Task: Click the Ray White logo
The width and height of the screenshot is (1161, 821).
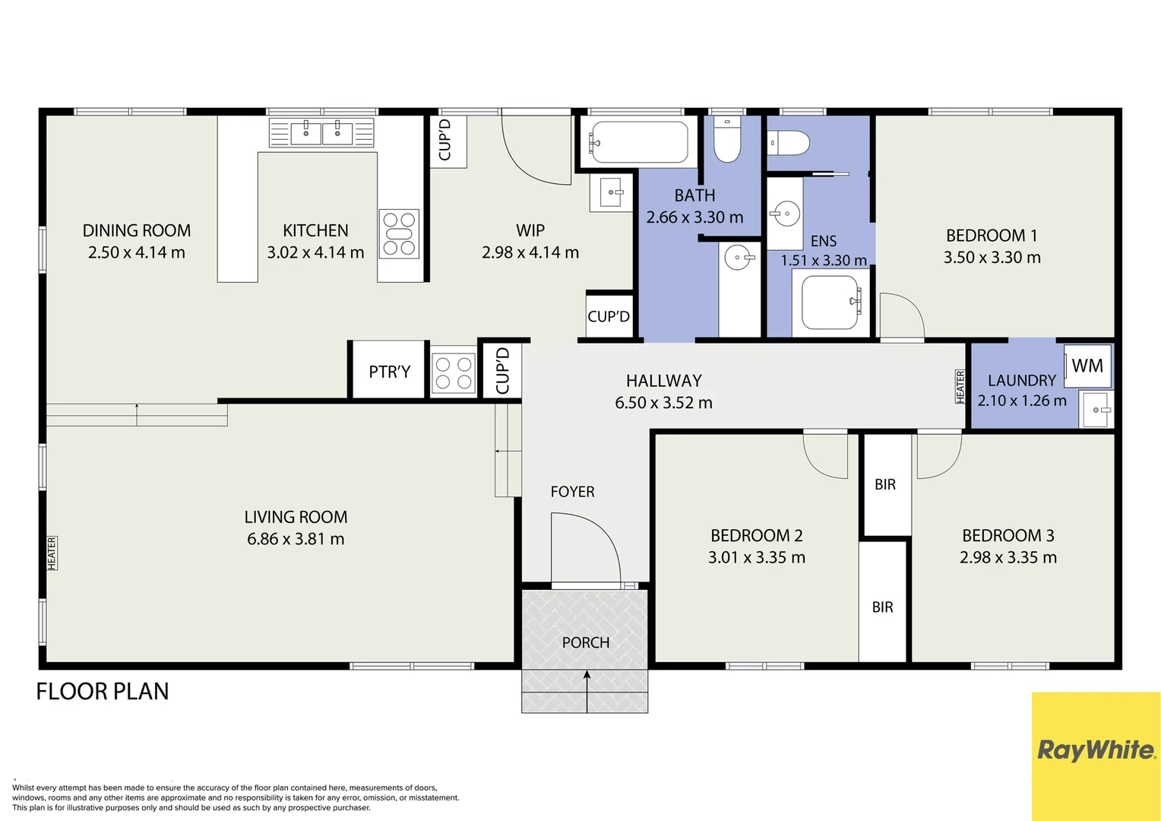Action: (x=1096, y=751)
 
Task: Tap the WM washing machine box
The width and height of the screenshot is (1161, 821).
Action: (x=1087, y=366)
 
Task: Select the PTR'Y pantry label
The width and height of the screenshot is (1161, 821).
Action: (x=389, y=372)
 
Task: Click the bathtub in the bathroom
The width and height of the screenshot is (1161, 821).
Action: (x=638, y=142)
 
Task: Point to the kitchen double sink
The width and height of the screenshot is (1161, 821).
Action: (x=321, y=132)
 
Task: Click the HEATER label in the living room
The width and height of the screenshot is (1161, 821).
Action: (x=52, y=553)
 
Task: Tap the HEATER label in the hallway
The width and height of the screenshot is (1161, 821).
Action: (x=960, y=386)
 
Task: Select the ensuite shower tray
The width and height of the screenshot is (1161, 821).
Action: (x=830, y=303)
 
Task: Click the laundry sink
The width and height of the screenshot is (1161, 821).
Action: (x=1096, y=410)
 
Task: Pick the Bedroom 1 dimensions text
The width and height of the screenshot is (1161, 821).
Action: (x=992, y=258)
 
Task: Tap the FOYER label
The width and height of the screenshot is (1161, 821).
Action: (x=572, y=492)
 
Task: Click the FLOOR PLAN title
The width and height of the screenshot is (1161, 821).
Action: (x=103, y=691)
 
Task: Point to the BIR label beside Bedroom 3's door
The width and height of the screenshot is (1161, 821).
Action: (x=884, y=484)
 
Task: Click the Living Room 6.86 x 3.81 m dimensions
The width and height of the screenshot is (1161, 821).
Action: (x=296, y=539)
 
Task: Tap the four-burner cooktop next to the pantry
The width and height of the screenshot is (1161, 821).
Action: (x=453, y=373)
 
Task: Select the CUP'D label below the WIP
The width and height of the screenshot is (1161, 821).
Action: (x=609, y=316)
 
